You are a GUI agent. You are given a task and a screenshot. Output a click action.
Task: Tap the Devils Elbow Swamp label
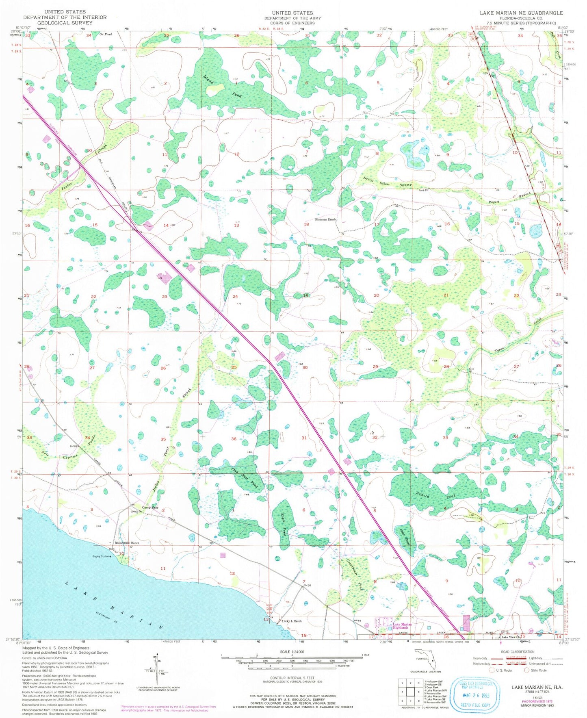(x=388, y=182)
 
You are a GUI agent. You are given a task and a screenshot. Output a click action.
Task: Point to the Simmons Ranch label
(x=326, y=219)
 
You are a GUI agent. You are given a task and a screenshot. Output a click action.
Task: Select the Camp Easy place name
(x=149, y=508)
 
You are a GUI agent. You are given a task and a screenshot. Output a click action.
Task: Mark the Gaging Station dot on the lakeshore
(x=111, y=556)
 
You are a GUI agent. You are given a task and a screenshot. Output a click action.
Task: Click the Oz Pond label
(x=105, y=35)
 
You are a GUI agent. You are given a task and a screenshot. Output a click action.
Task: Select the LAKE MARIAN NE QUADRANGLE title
(x=521, y=13)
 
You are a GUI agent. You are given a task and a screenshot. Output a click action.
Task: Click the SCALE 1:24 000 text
(x=292, y=652)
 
